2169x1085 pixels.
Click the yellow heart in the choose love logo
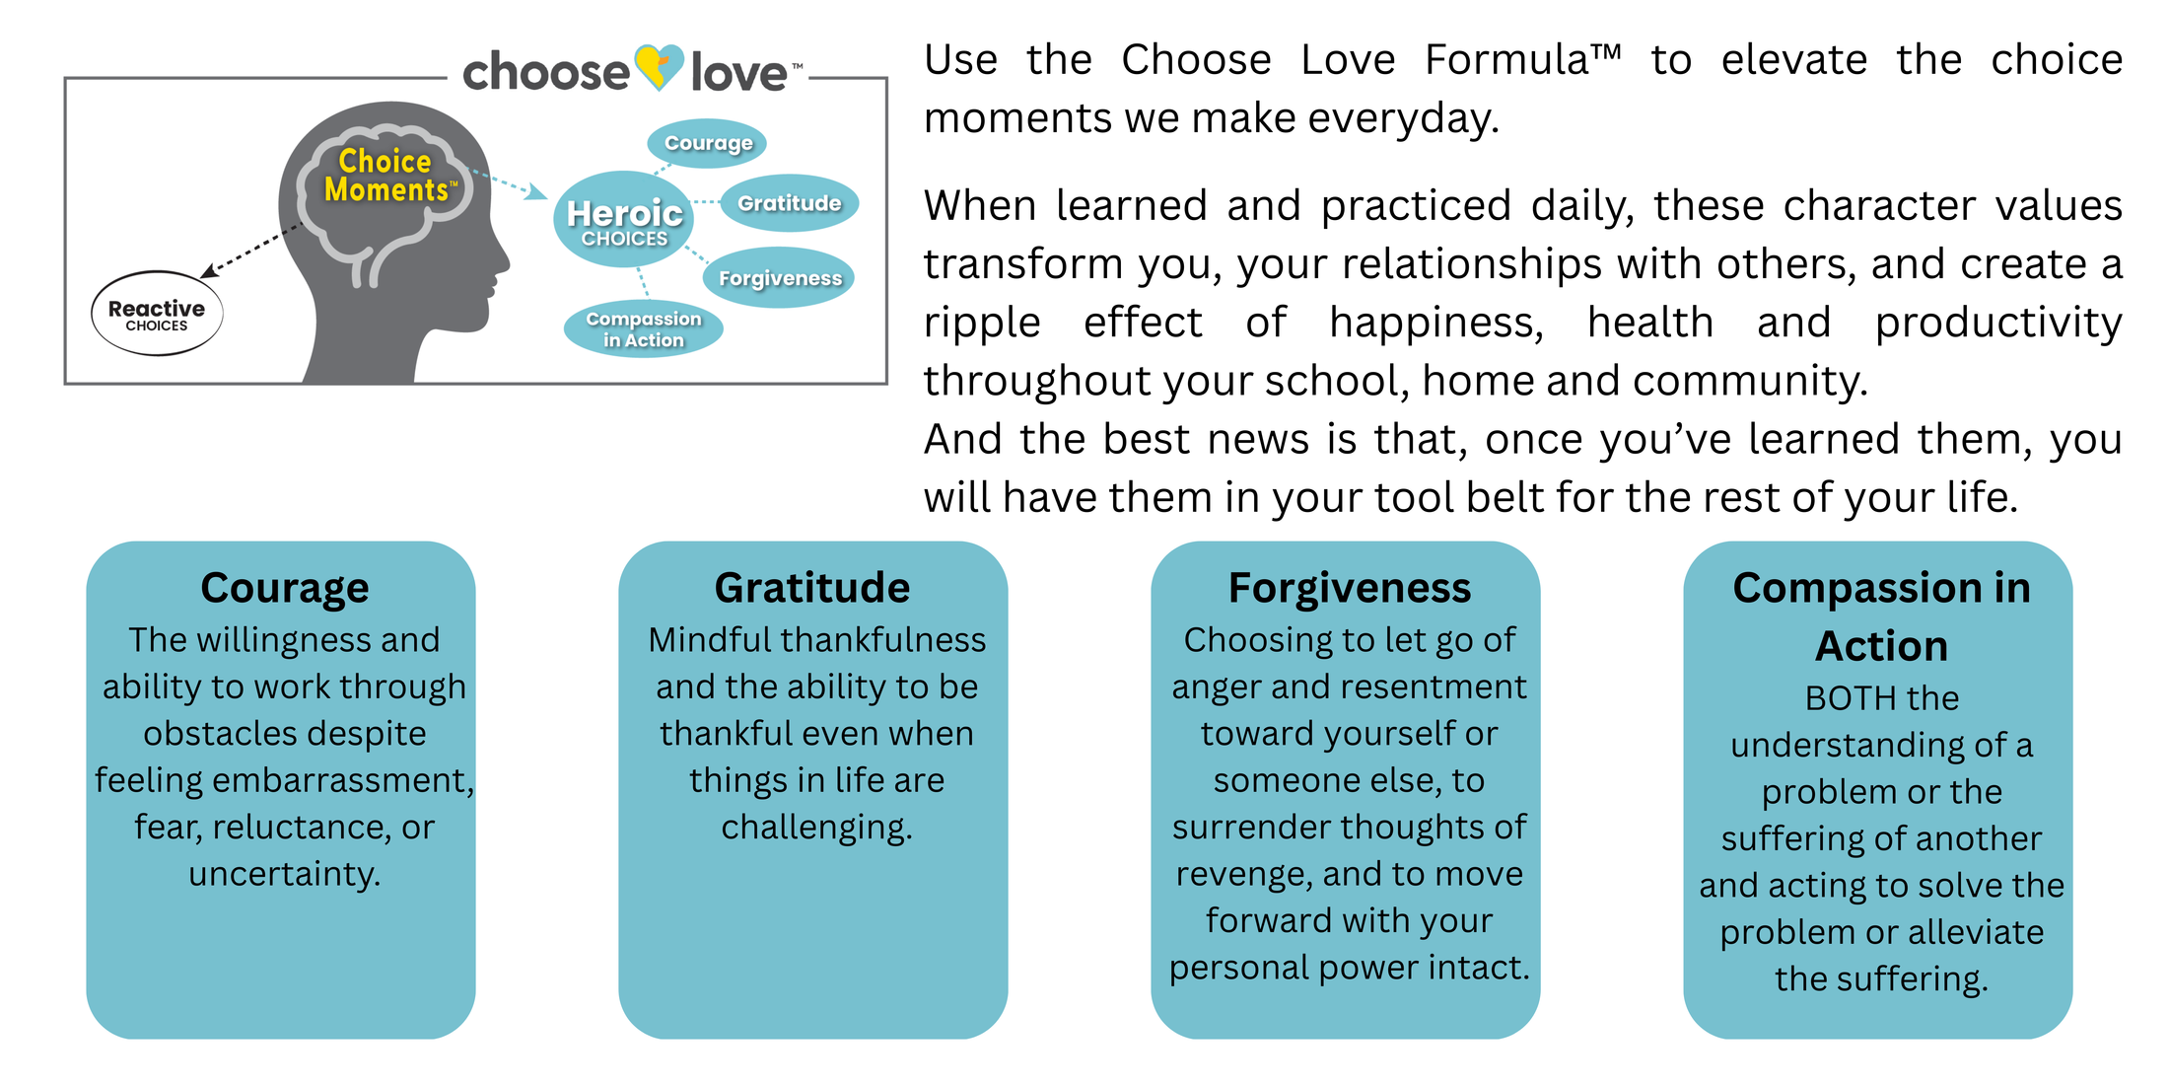point(658,67)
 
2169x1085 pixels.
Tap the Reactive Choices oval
point(157,314)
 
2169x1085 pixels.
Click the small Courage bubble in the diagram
point(707,143)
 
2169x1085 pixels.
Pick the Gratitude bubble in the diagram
point(789,203)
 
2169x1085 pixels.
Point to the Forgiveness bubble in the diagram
point(779,278)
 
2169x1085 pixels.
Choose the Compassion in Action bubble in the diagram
point(643,328)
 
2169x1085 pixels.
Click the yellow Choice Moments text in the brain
point(386,176)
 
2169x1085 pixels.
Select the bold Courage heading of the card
point(285,588)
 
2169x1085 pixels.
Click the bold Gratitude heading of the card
point(812,588)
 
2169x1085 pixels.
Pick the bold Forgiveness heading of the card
point(1349,588)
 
